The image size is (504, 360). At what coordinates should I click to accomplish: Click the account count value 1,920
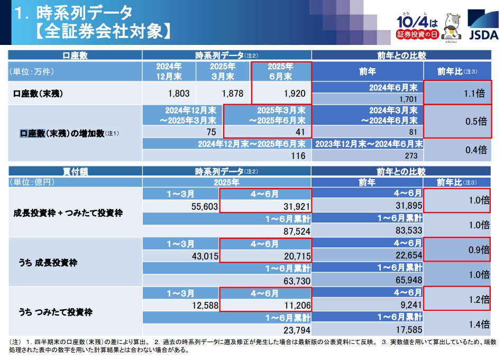click(x=295, y=94)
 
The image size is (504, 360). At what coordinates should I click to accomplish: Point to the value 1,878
click(x=233, y=94)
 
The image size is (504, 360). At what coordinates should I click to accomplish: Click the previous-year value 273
click(x=410, y=156)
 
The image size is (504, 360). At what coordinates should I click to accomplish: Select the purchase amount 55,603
click(x=203, y=206)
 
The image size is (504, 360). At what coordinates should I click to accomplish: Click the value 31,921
click(x=293, y=206)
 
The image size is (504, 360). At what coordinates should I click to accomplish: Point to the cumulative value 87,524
click(x=296, y=230)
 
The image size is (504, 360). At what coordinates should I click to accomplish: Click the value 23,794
click(x=296, y=330)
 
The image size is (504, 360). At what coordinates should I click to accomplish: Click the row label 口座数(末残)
click(x=37, y=94)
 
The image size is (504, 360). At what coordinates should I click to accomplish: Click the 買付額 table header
click(x=75, y=172)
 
